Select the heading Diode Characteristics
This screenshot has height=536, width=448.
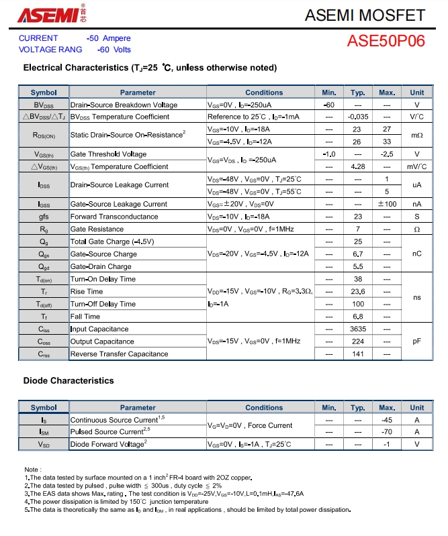[x=69, y=380]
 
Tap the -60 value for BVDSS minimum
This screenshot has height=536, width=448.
[x=329, y=105]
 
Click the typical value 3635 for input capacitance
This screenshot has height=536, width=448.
[x=358, y=329]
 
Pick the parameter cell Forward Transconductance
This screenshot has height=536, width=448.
[x=114, y=217]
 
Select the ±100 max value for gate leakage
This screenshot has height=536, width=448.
[x=387, y=204]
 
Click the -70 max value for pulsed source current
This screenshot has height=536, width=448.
[x=387, y=432]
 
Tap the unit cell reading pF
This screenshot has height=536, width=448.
[x=417, y=341]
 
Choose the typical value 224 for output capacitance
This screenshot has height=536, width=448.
[x=358, y=341]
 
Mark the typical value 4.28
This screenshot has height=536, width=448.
[x=358, y=166]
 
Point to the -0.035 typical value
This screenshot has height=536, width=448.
[x=358, y=117]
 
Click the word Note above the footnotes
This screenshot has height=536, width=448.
[x=32, y=470]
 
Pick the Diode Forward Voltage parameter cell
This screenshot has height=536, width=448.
[x=108, y=444]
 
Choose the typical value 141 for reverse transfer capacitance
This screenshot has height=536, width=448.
[x=358, y=354]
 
